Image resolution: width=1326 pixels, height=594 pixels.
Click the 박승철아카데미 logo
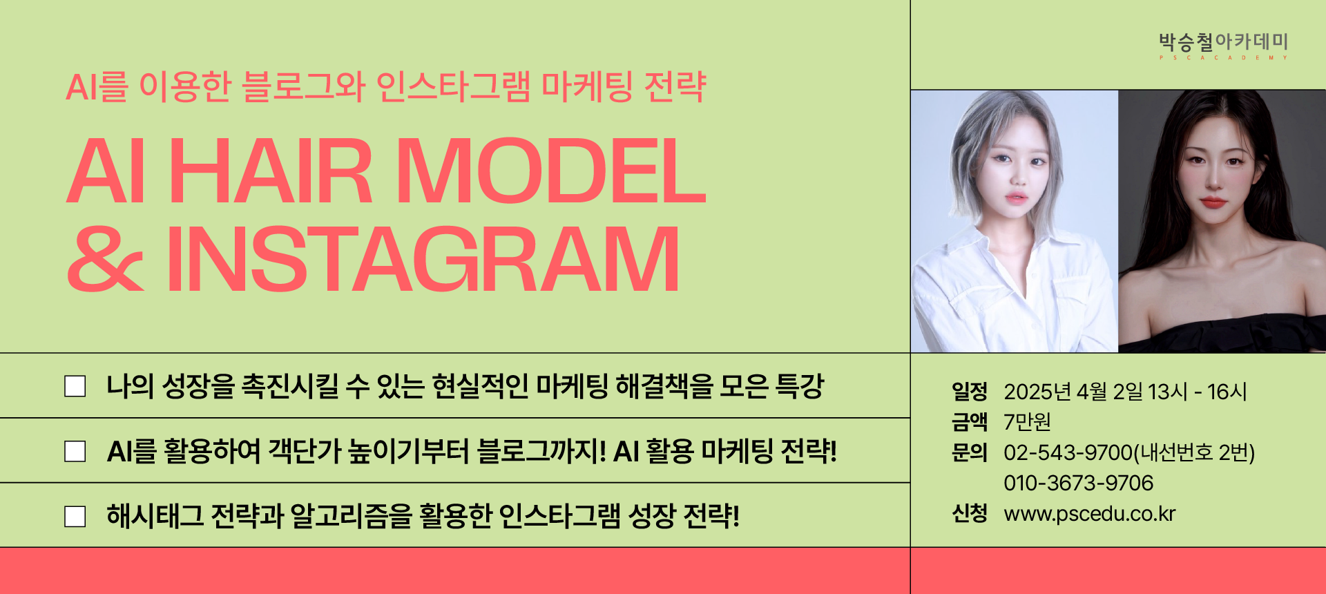click(x=1223, y=46)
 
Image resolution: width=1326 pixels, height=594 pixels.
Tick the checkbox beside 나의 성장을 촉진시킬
click(x=75, y=386)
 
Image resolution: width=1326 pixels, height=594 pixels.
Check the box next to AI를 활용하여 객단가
click(x=75, y=451)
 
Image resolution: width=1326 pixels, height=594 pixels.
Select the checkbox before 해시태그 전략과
click(x=75, y=516)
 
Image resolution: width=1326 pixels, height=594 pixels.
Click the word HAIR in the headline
click(x=270, y=171)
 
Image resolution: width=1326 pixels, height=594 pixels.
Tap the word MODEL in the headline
click(x=550, y=171)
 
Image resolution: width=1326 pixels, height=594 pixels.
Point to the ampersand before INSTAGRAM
click(x=106, y=259)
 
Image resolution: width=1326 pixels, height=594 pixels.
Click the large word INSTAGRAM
click(x=423, y=259)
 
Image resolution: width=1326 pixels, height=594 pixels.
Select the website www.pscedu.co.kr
click(x=1090, y=514)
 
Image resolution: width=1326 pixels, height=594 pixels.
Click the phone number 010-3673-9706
click(x=1079, y=483)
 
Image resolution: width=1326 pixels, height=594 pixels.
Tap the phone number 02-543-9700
click(x=1068, y=452)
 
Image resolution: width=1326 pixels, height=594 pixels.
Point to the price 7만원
click(x=1028, y=421)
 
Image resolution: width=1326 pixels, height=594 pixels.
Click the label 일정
click(x=970, y=391)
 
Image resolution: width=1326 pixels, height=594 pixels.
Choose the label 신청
click(x=970, y=513)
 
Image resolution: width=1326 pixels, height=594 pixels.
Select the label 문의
click(x=970, y=452)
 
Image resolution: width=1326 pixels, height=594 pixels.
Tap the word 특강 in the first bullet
click(x=800, y=386)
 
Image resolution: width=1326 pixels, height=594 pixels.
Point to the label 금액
click(x=970, y=421)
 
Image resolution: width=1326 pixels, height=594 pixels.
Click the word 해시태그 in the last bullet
click(x=155, y=516)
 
